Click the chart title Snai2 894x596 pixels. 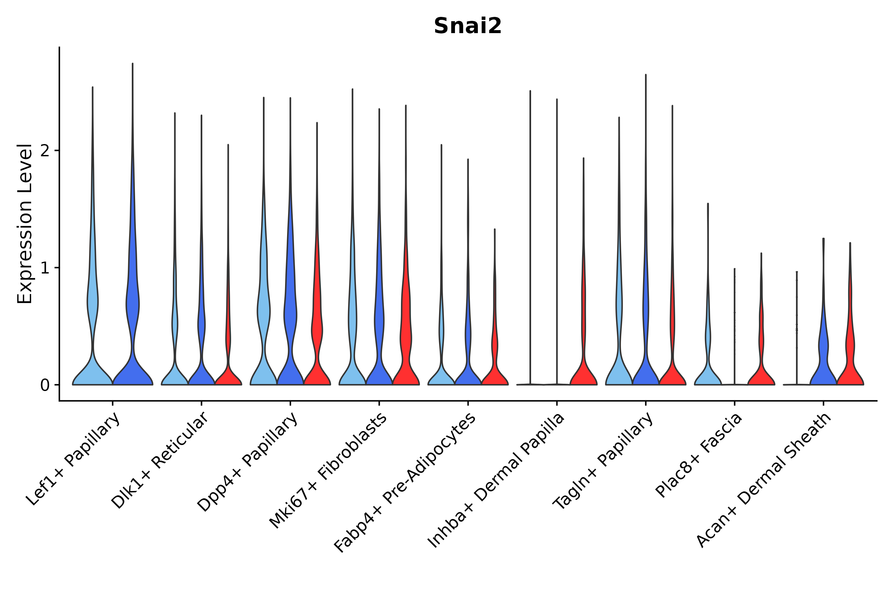pyautogui.click(x=468, y=26)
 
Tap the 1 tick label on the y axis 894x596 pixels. pyautogui.click(x=45, y=268)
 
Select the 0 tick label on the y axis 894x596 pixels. pyautogui.click(x=45, y=385)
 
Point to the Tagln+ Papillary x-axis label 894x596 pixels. pyautogui.click(x=604, y=462)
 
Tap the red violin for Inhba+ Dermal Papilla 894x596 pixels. pyautogui.click(x=583, y=372)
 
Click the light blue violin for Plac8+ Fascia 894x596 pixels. pyautogui.click(x=708, y=374)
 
